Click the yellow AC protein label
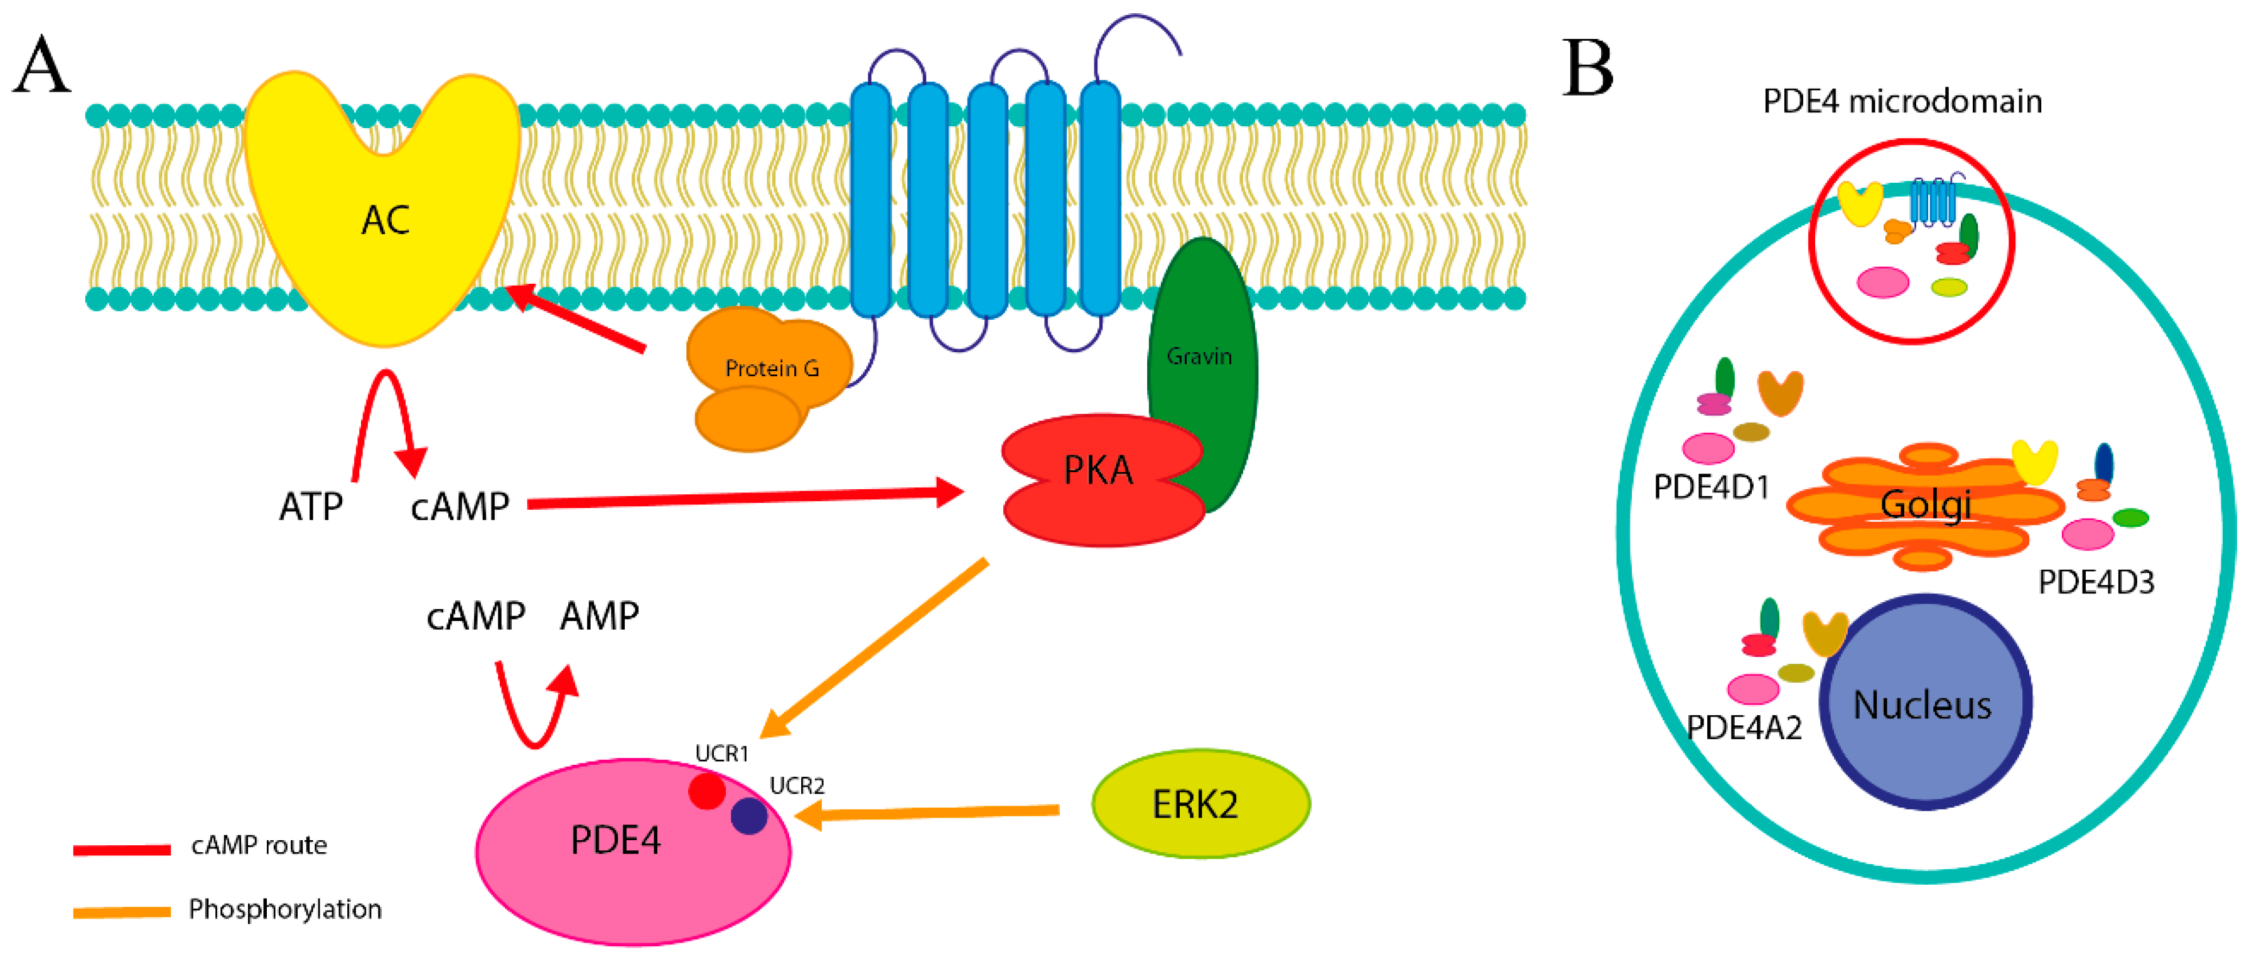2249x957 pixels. click(385, 220)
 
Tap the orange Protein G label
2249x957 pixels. click(772, 369)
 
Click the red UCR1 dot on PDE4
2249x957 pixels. click(706, 791)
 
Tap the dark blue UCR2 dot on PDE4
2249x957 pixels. click(749, 816)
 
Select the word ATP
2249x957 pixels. click(311, 506)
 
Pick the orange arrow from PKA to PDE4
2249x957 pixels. click(873, 648)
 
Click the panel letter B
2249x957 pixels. click(1587, 68)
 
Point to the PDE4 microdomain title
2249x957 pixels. click(1902, 101)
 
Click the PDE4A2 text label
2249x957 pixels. click(1744, 727)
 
